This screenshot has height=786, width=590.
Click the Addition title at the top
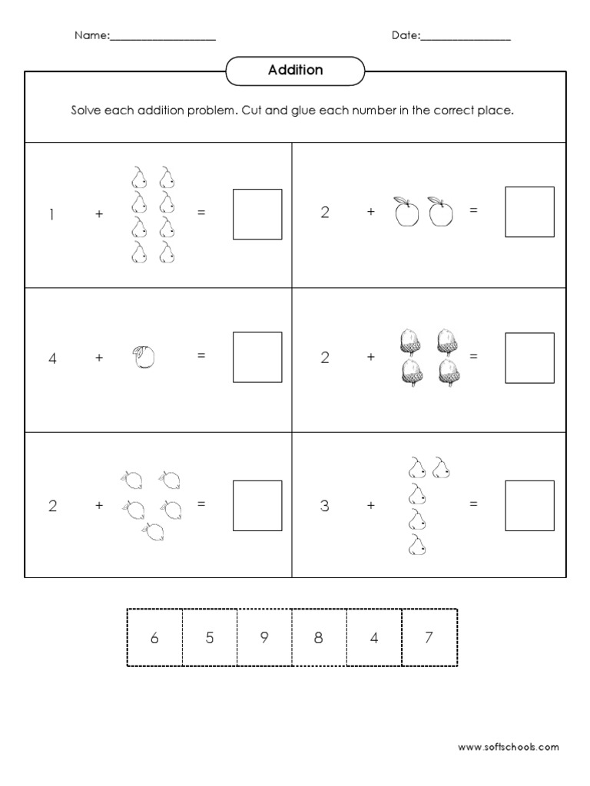(x=295, y=70)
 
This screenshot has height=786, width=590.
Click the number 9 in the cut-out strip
(x=264, y=637)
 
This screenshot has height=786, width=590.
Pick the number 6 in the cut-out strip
(x=154, y=637)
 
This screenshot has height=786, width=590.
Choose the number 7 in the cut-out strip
(x=429, y=637)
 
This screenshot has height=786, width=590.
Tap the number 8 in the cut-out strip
(x=320, y=637)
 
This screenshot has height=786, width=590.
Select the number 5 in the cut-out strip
(x=210, y=637)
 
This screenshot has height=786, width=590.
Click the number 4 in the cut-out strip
(x=374, y=637)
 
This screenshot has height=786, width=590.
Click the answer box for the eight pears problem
(x=257, y=214)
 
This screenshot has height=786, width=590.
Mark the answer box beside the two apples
(x=529, y=212)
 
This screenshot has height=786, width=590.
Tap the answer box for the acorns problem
(x=529, y=357)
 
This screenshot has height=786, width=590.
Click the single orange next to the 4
(x=143, y=357)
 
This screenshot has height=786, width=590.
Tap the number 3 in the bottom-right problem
(x=325, y=505)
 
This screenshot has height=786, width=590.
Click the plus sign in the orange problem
(x=99, y=357)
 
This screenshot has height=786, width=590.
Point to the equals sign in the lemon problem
(x=201, y=504)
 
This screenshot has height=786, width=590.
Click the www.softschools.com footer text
(x=508, y=746)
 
